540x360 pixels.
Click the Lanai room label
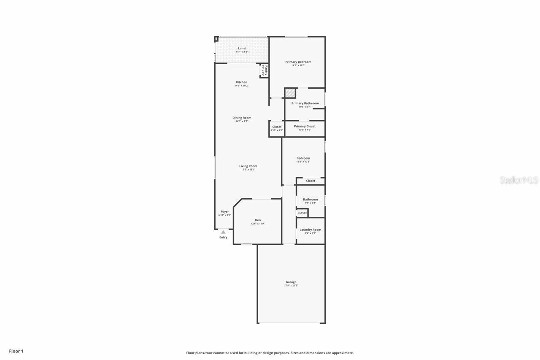242,48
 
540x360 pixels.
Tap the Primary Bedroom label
298,62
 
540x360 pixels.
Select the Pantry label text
266,70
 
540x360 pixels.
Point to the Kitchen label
241,82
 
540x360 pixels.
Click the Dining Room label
242,118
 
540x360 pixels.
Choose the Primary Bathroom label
305,103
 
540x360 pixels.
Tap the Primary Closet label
305,126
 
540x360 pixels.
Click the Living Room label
248,166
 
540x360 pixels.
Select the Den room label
258,220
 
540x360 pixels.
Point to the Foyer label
224,211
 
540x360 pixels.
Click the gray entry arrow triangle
223,232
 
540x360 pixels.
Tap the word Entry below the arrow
223,237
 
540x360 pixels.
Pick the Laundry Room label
310,230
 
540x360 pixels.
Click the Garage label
291,282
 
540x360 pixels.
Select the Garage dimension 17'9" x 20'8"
291,286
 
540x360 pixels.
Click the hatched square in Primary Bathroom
289,93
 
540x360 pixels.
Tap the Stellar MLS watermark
519,180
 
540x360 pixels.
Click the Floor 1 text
16,351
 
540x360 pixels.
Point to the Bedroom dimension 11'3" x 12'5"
303,162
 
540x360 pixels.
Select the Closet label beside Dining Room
277,127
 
